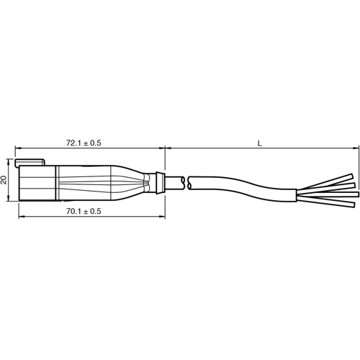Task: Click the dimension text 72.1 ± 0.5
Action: [x=83, y=143]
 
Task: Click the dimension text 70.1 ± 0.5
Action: [x=83, y=211]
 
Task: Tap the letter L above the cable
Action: [x=261, y=143]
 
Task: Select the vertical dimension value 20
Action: [x=5, y=181]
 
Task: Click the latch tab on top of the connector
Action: [x=30, y=163]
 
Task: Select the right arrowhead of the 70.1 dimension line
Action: [x=163, y=216]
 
